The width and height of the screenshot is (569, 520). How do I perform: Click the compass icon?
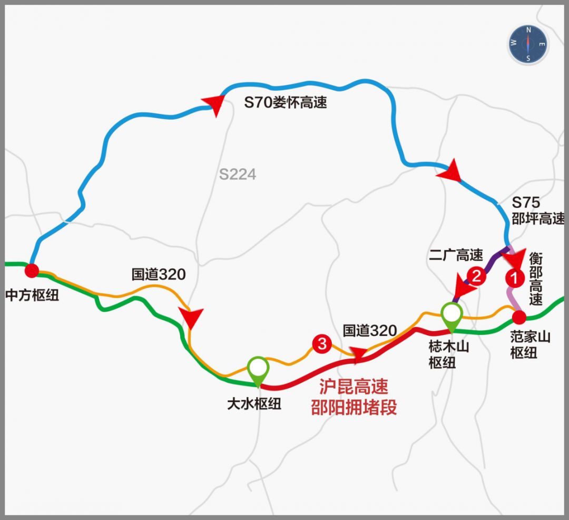point(528,44)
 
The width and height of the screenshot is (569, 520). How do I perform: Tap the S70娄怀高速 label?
point(285,102)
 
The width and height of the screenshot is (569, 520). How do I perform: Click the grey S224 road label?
point(238,174)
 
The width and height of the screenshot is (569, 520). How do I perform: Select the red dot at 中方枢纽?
point(32,271)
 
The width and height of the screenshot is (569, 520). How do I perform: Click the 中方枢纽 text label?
point(32,295)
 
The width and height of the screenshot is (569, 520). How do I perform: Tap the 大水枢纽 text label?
point(254,404)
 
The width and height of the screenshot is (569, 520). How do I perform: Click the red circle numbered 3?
point(321,344)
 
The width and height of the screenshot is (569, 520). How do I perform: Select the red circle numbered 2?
point(476,276)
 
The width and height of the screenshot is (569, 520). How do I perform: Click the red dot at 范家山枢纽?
point(519,317)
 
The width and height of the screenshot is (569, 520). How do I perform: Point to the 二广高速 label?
point(456,255)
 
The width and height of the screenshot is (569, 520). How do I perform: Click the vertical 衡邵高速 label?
point(536,279)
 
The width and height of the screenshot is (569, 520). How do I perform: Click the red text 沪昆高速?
point(354,387)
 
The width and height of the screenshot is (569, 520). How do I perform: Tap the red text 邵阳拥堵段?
point(354,408)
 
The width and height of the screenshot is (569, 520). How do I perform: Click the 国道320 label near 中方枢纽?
point(158,274)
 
